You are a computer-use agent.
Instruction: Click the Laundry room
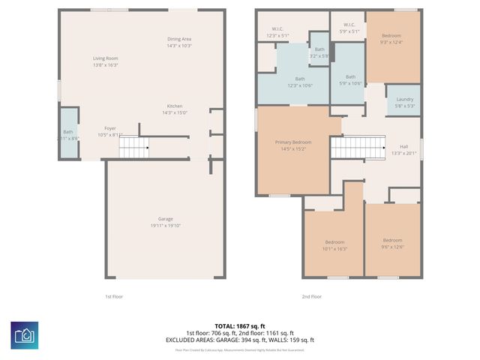click(x=404, y=102)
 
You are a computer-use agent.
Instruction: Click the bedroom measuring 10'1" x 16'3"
click(x=334, y=244)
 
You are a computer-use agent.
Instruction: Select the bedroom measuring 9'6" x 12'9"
click(x=392, y=243)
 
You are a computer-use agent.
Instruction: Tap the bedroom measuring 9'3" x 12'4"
click(x=391, y=39)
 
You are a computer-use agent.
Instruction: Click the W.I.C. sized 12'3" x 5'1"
click(x=277, y=33)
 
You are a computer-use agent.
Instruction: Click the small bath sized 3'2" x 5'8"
click(x=319, y=52)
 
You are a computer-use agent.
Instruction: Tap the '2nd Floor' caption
click(x=311, y=296)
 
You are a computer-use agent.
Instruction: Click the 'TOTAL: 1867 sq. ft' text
click(x=239, y=326)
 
